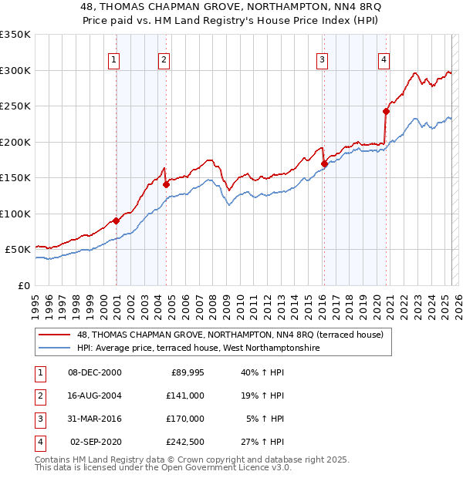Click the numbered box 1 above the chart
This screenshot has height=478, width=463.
(114, 59)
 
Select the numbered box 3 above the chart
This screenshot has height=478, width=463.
(322, 59)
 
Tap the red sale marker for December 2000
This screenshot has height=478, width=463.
(116, 220)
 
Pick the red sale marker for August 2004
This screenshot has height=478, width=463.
(166, 184)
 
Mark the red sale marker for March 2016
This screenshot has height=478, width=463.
(324, 163)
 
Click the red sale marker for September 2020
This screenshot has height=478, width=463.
(386, 112)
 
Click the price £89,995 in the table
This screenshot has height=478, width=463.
(186, 372)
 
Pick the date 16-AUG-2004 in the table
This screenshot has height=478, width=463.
(95, 396)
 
